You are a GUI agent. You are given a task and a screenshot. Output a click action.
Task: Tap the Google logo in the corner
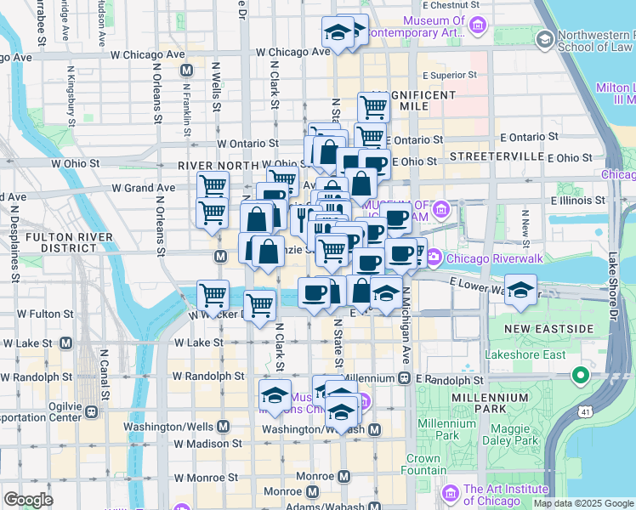(x=28, y=500)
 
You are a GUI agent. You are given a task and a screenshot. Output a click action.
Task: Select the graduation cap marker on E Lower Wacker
(x=520, y=288)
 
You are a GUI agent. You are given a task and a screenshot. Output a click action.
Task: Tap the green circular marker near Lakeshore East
(x=582, y=374)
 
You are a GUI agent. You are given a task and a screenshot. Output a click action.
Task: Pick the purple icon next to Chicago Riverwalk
(x=434, y=256)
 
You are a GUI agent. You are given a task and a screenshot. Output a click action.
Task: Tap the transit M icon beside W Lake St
(x=65, y=343)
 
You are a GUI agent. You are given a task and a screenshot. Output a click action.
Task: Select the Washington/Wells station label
(x=170, y=427)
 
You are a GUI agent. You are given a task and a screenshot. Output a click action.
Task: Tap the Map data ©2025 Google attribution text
(x=582, y=503)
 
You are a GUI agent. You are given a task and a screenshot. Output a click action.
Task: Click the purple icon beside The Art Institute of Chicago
(x=451, y=491)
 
